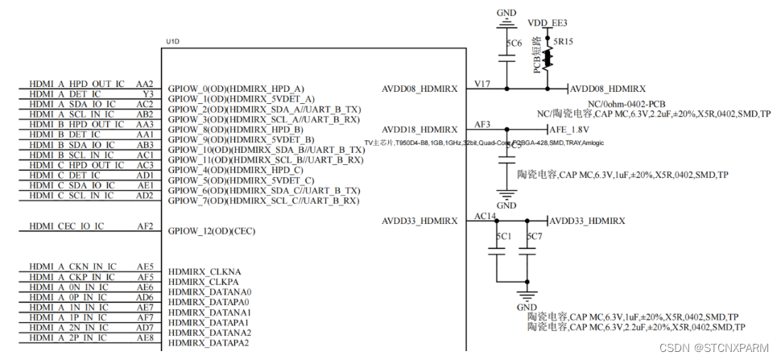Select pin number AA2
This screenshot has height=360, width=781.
[x=144, y=83]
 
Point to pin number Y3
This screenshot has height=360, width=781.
[x=147, y=93]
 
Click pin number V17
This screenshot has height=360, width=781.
[x=482, y=83]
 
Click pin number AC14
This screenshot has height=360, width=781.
[x=486, y=216]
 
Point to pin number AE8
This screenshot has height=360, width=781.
[x=144, y=338]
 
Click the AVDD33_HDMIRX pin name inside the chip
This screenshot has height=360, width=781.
[x=419, y=221]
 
